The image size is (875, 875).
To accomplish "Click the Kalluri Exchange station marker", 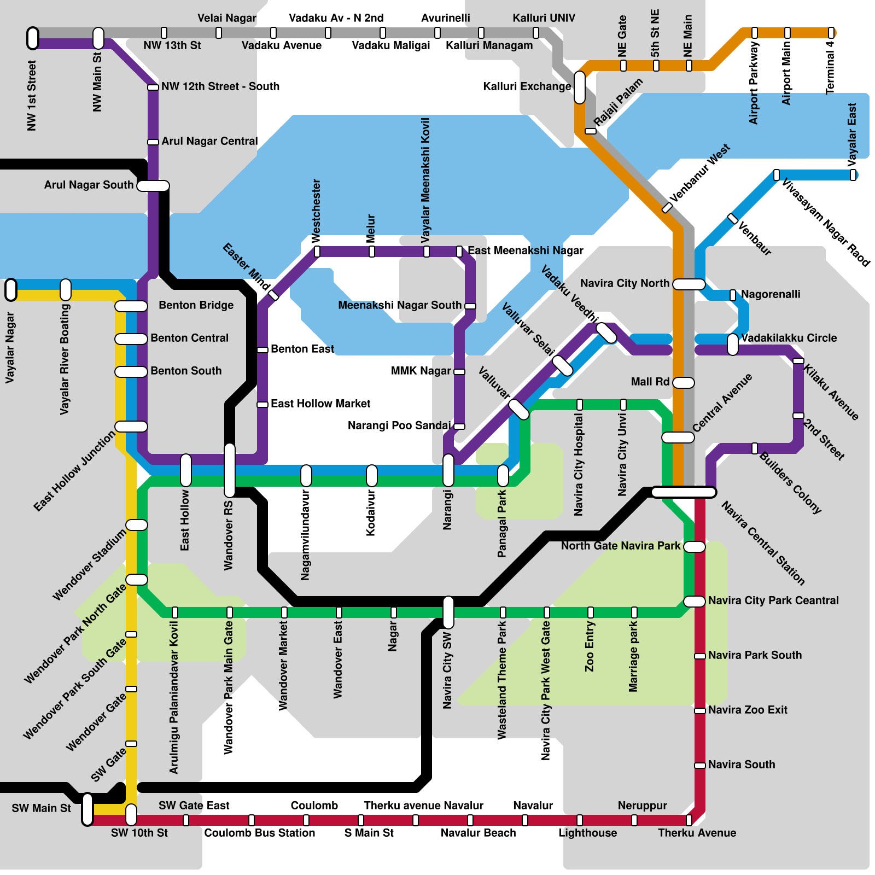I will tap(580, 87).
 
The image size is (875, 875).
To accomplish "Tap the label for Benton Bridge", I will tap(196, 305).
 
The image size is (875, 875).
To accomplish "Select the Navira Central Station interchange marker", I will tap(684, 492).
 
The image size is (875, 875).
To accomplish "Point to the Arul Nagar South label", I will tap(89, 185).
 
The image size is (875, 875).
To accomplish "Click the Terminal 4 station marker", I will tap(831, 33).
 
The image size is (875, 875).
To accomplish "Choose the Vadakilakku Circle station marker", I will tap(733, 344).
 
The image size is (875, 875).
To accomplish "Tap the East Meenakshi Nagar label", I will tap(525, 250).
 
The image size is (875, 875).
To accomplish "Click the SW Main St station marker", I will tap(87, 809).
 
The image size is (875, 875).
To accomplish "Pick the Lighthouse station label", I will tap(587, 833).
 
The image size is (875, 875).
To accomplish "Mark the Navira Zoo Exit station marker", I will tap(700, 710).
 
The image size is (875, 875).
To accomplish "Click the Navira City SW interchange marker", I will tap(448, 612).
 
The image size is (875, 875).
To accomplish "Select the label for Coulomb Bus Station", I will tap(259, 833).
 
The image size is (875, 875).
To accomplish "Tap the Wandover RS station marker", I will tap(230, 470).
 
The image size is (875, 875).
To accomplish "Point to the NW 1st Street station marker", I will tap(33, 38).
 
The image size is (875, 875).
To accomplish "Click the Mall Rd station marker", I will tap(684, 382).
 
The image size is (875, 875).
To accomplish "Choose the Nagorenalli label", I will tap(771, 294).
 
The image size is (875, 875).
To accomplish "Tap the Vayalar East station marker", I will tap(853, 175).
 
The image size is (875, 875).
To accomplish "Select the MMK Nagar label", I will tap(421, 371).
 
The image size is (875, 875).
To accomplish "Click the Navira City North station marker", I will tap(689, 284).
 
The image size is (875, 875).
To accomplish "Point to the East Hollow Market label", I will tap(320, 404).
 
